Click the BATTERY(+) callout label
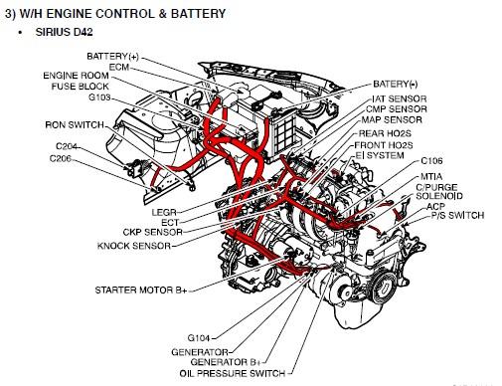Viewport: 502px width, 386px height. (x=112, y=57)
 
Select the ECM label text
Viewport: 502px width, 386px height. (x=119, y=68)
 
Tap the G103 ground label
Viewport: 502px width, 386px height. (x=99, y=97)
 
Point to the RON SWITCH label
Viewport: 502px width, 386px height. (x=75, y=125)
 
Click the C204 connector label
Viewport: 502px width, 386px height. (x=67, y=146)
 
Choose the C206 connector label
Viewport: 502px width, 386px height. (x=61, y=158)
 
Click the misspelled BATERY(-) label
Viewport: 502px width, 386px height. (x=396, y=84)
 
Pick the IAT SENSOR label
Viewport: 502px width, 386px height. (x=400, y=98)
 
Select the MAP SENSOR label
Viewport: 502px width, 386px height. (x=392, y=119)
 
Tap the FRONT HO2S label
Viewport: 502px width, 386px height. (x=384, y=145)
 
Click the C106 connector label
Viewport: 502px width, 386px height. (x=431, y=161)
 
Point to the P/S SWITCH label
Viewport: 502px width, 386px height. (x=457, y=216)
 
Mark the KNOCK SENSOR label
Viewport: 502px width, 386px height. (x=134, y=246)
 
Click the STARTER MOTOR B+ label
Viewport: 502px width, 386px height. (x=141, y=290)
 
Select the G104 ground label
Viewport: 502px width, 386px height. (x=199, y=338)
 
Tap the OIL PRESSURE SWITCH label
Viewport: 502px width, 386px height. (x=233, y=373)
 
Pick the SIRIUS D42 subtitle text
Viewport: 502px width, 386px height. (x=64, y=32)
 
